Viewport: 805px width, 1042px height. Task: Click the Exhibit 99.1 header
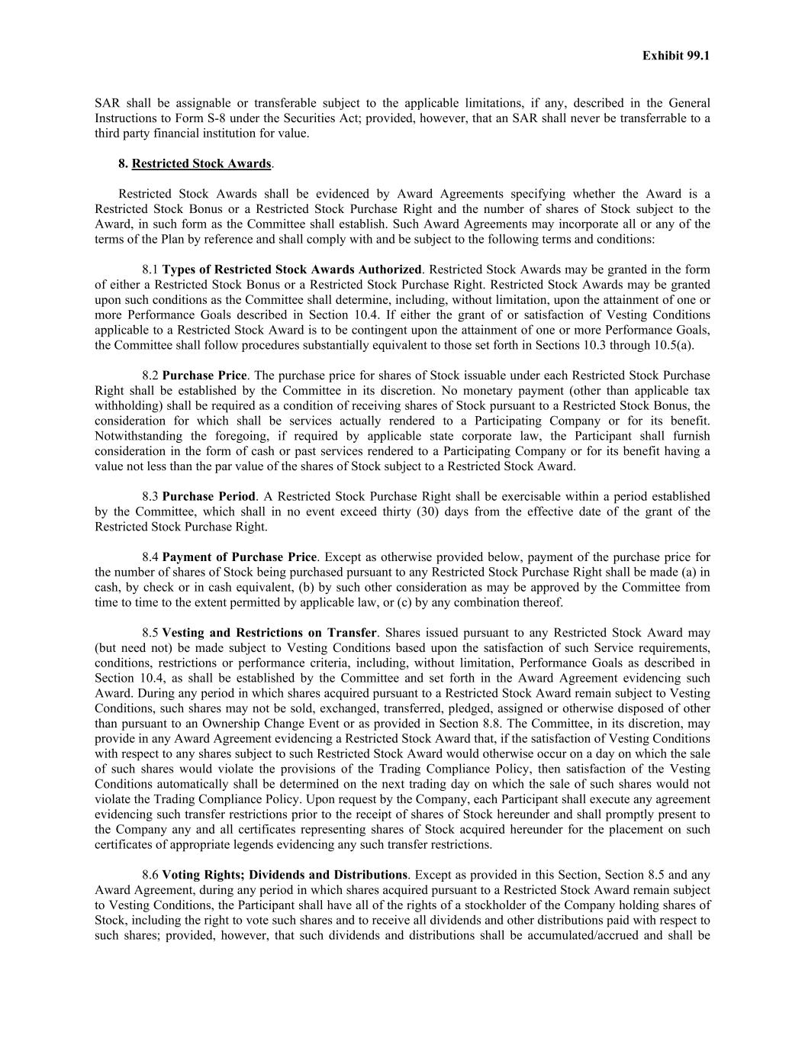[675, 56]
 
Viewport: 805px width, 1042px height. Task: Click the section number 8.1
[150, 269]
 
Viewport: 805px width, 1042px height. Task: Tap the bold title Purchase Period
[209, 496]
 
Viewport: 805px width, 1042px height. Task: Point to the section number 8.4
[150, 557]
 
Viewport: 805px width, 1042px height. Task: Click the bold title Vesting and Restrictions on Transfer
[269, 633]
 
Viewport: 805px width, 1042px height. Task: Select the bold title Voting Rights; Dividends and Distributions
[285, 875]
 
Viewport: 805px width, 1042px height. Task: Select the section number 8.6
[150, 875]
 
